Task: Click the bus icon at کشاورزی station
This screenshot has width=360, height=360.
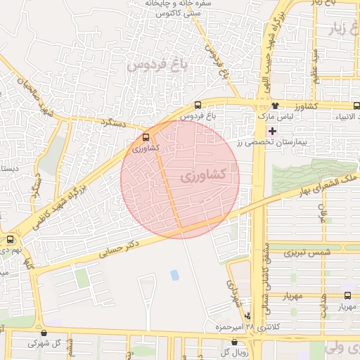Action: pos(146,138)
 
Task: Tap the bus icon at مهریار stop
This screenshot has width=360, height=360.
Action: pos(348,295)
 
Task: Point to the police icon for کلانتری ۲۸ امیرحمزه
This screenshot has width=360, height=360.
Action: pos(247,316)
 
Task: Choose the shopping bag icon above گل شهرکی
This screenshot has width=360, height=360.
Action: pos(45,333)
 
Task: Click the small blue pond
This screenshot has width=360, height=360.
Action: pos(174,275)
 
